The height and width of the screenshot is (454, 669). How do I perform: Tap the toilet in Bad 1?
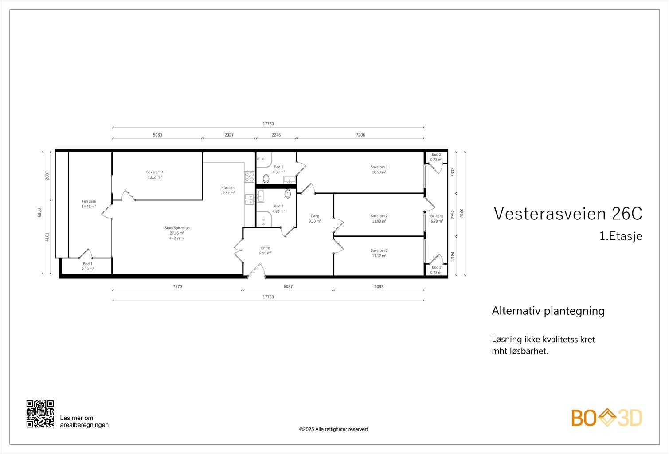[266, 179]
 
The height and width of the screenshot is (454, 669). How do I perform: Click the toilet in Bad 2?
[287, 194]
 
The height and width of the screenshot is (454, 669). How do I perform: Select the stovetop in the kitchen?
[250, 177]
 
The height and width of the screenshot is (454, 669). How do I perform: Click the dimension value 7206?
[360, 135]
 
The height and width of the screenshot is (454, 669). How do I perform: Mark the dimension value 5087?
[288, 287]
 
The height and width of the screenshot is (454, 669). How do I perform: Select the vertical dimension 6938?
[39, 213]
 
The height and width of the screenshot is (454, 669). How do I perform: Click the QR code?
[40, 414]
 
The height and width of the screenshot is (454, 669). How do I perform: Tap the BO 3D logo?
[606, 418]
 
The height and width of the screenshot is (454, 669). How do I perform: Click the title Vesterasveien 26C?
[568, 214]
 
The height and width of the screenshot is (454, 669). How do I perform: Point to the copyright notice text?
[333, 429]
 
